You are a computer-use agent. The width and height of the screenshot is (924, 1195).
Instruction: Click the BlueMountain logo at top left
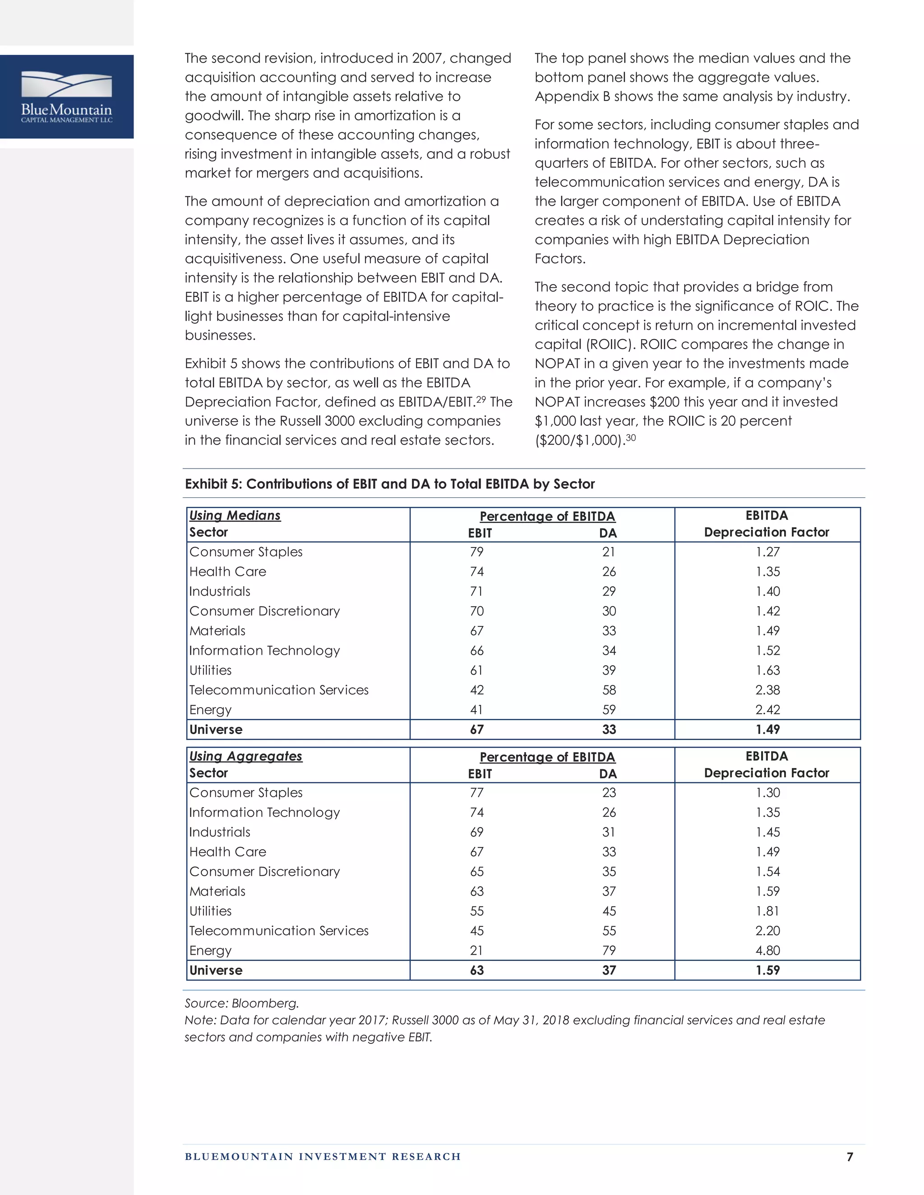coord(67,97)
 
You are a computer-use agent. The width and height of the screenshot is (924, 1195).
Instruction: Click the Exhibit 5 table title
coord(389,484)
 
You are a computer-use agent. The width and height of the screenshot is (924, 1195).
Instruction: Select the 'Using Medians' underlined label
coord(234,515)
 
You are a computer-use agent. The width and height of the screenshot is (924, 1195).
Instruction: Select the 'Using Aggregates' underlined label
coord(245,756)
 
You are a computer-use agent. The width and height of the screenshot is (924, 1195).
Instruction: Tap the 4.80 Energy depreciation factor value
coord(767,951)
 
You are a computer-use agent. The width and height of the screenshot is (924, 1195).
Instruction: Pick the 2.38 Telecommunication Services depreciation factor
coord(767,690)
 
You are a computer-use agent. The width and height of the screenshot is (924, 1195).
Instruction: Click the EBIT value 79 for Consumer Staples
coord(477,552)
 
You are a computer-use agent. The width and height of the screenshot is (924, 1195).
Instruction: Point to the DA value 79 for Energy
coord(609,951)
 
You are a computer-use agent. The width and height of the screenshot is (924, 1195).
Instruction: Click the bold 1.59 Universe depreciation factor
coord(767,970)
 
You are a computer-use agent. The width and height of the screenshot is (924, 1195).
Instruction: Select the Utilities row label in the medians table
coord(210,670)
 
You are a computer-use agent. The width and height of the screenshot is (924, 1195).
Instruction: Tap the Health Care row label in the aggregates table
coord(227,852)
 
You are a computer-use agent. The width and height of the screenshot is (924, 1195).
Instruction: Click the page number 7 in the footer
coord(850,1157)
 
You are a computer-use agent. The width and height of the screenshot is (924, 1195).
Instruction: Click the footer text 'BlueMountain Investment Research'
coord(323,1157)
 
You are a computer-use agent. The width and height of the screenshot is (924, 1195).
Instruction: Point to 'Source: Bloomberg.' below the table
coord(241,1003)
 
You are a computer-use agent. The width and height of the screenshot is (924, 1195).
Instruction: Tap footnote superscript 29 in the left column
coord(480,399)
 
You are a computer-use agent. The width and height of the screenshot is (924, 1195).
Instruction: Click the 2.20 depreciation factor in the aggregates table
coord(767,931)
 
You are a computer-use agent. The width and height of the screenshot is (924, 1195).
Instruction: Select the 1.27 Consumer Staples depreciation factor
coord(767,552)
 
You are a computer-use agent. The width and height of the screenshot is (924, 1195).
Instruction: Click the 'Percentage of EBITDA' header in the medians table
coord(547,516)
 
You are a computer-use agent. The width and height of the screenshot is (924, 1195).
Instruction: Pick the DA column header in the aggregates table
coord(608,774)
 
